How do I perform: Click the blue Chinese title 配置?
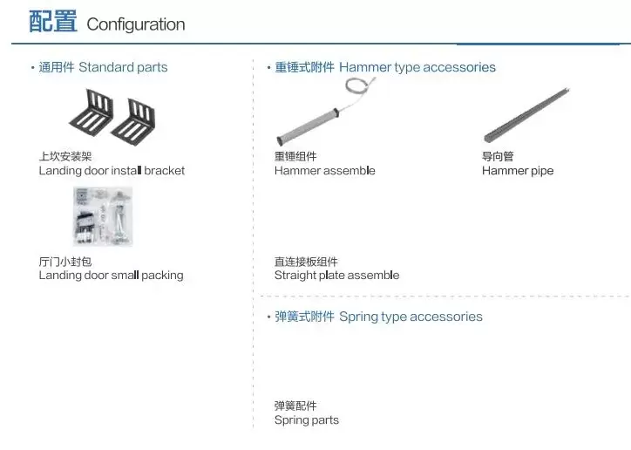tap(52, 21)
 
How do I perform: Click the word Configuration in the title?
tap(136, 24)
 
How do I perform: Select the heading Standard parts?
tap(123, 67)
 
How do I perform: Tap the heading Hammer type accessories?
tap(417, 67)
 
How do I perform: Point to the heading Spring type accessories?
tap(410, 317)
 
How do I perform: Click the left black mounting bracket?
tap(92, 112)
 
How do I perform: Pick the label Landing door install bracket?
tap(112, 171)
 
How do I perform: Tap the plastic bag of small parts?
tap(103, 216)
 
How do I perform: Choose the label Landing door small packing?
tap(111, 276)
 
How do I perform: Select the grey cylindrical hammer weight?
tap(309, 126)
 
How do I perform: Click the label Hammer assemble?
tap(325, 171)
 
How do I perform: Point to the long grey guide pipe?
tap(526, 115)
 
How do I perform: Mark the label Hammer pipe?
tap(518, 171)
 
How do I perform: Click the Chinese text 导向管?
tap(498, 156)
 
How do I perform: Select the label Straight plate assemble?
tap(336, 276)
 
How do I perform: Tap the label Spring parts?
tap(307, 420)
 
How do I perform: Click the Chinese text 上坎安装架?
tap(65, 156)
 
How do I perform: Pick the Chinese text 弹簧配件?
tap(295, 406)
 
